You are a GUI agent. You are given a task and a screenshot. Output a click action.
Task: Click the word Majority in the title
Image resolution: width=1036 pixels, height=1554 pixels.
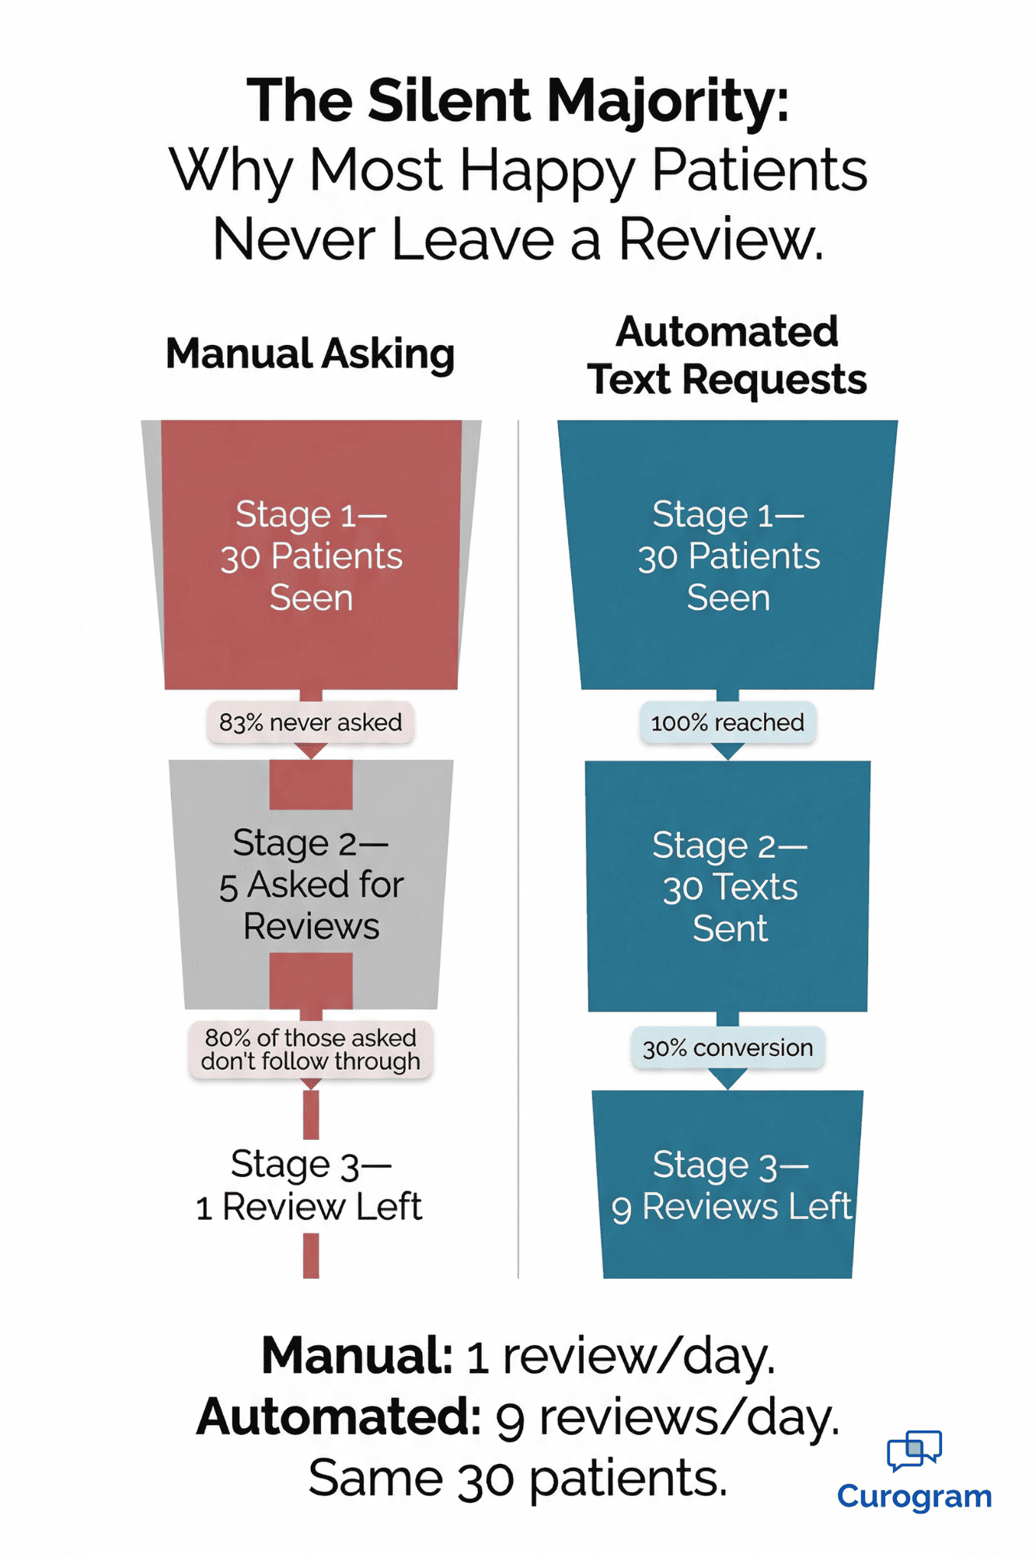pos(668,102)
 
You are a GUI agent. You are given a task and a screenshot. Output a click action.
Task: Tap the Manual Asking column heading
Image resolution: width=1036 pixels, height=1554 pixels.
pos(310,354)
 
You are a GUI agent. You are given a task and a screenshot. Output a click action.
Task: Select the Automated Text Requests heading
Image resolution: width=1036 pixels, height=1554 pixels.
pos(727,356)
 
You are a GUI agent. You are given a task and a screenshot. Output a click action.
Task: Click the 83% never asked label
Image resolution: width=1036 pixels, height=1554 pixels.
pos(310,723)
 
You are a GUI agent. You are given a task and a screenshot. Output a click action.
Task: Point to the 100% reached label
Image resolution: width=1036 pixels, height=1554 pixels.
pos(727,723)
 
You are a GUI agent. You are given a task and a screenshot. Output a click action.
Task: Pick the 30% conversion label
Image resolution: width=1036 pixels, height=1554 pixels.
pos(727,1048)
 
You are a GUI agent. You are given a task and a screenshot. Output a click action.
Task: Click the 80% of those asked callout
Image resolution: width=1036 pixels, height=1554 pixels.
pos(310,1050)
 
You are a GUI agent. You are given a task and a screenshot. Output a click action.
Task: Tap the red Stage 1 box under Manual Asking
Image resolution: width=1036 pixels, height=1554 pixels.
pos(311,556)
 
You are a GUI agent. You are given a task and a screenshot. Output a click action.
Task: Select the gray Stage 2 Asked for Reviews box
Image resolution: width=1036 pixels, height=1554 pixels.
pos(311,884)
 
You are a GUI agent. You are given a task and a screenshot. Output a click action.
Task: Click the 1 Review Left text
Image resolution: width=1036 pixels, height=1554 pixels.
pos(309,1207)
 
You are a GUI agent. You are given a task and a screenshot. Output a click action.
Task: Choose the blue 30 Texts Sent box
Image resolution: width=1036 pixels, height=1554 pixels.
pos(728,886)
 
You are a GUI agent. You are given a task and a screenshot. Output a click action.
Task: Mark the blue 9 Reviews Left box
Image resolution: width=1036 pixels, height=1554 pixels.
pos(728,1185)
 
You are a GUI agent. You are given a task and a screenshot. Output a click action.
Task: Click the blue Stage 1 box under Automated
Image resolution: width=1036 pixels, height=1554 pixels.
pos(728,556)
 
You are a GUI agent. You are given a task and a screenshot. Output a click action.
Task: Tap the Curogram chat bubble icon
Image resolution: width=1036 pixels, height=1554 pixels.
pos(914,1450)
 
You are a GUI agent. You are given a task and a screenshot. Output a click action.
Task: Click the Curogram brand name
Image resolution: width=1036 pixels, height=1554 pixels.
pos(914,1497)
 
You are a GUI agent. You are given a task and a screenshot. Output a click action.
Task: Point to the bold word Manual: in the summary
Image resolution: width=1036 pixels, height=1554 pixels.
pos(357,1357)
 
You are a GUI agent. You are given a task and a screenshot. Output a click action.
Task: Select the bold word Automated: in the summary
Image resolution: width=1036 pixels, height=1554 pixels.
pos(339,1418)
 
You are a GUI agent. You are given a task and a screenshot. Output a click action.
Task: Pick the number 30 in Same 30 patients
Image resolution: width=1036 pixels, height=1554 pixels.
pos(485,1479)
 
